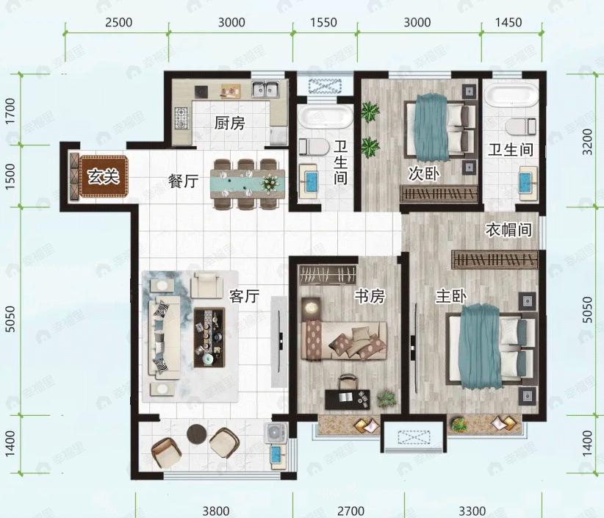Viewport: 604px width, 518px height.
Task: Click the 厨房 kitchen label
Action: (x=229, y=123)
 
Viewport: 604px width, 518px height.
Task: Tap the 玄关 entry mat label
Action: (x=103, y=176)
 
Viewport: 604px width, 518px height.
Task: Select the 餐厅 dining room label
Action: (x=184, y=181)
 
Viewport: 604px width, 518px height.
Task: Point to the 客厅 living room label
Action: (x=244, y=296)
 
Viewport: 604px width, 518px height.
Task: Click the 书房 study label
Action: (x=370, y=296)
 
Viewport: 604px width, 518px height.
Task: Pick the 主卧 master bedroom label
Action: (x=451, y=296)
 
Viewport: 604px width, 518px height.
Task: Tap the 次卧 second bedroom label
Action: (x=424, y=173)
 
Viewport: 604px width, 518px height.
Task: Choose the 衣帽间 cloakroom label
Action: (x=509, y=229)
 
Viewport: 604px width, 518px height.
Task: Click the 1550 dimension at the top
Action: (x=323, y=22)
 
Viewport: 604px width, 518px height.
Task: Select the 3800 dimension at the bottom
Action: (x=216, y=511)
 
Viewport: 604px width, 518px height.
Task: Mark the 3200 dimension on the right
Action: (x=587, y=142)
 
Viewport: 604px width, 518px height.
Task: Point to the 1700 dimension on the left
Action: (x=10, y=111)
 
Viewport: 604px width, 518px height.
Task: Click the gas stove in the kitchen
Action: (x=181, y=118)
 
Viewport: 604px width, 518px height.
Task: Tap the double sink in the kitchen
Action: (x=266, y=90)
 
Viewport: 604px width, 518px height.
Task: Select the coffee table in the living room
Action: (x=209, y=337)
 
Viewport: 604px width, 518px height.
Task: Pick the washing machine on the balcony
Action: (x=275, y=433)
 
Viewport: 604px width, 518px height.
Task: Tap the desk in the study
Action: (x=348, y=400)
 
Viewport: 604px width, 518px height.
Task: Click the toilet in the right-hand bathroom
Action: (x=520, y=126)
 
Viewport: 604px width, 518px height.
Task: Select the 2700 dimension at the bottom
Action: (x=351, y=511)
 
